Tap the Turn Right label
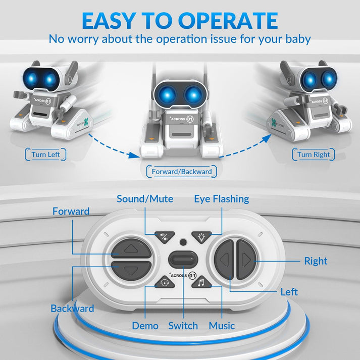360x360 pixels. point(313,155)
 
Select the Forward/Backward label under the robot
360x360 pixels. point(182,172)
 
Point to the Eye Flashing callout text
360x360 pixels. point(221,199)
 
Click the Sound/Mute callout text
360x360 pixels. point(145,199)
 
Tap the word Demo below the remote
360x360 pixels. point(145,326)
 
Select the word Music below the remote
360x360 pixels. point(222,326)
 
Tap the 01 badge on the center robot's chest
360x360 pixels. point(190,119)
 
